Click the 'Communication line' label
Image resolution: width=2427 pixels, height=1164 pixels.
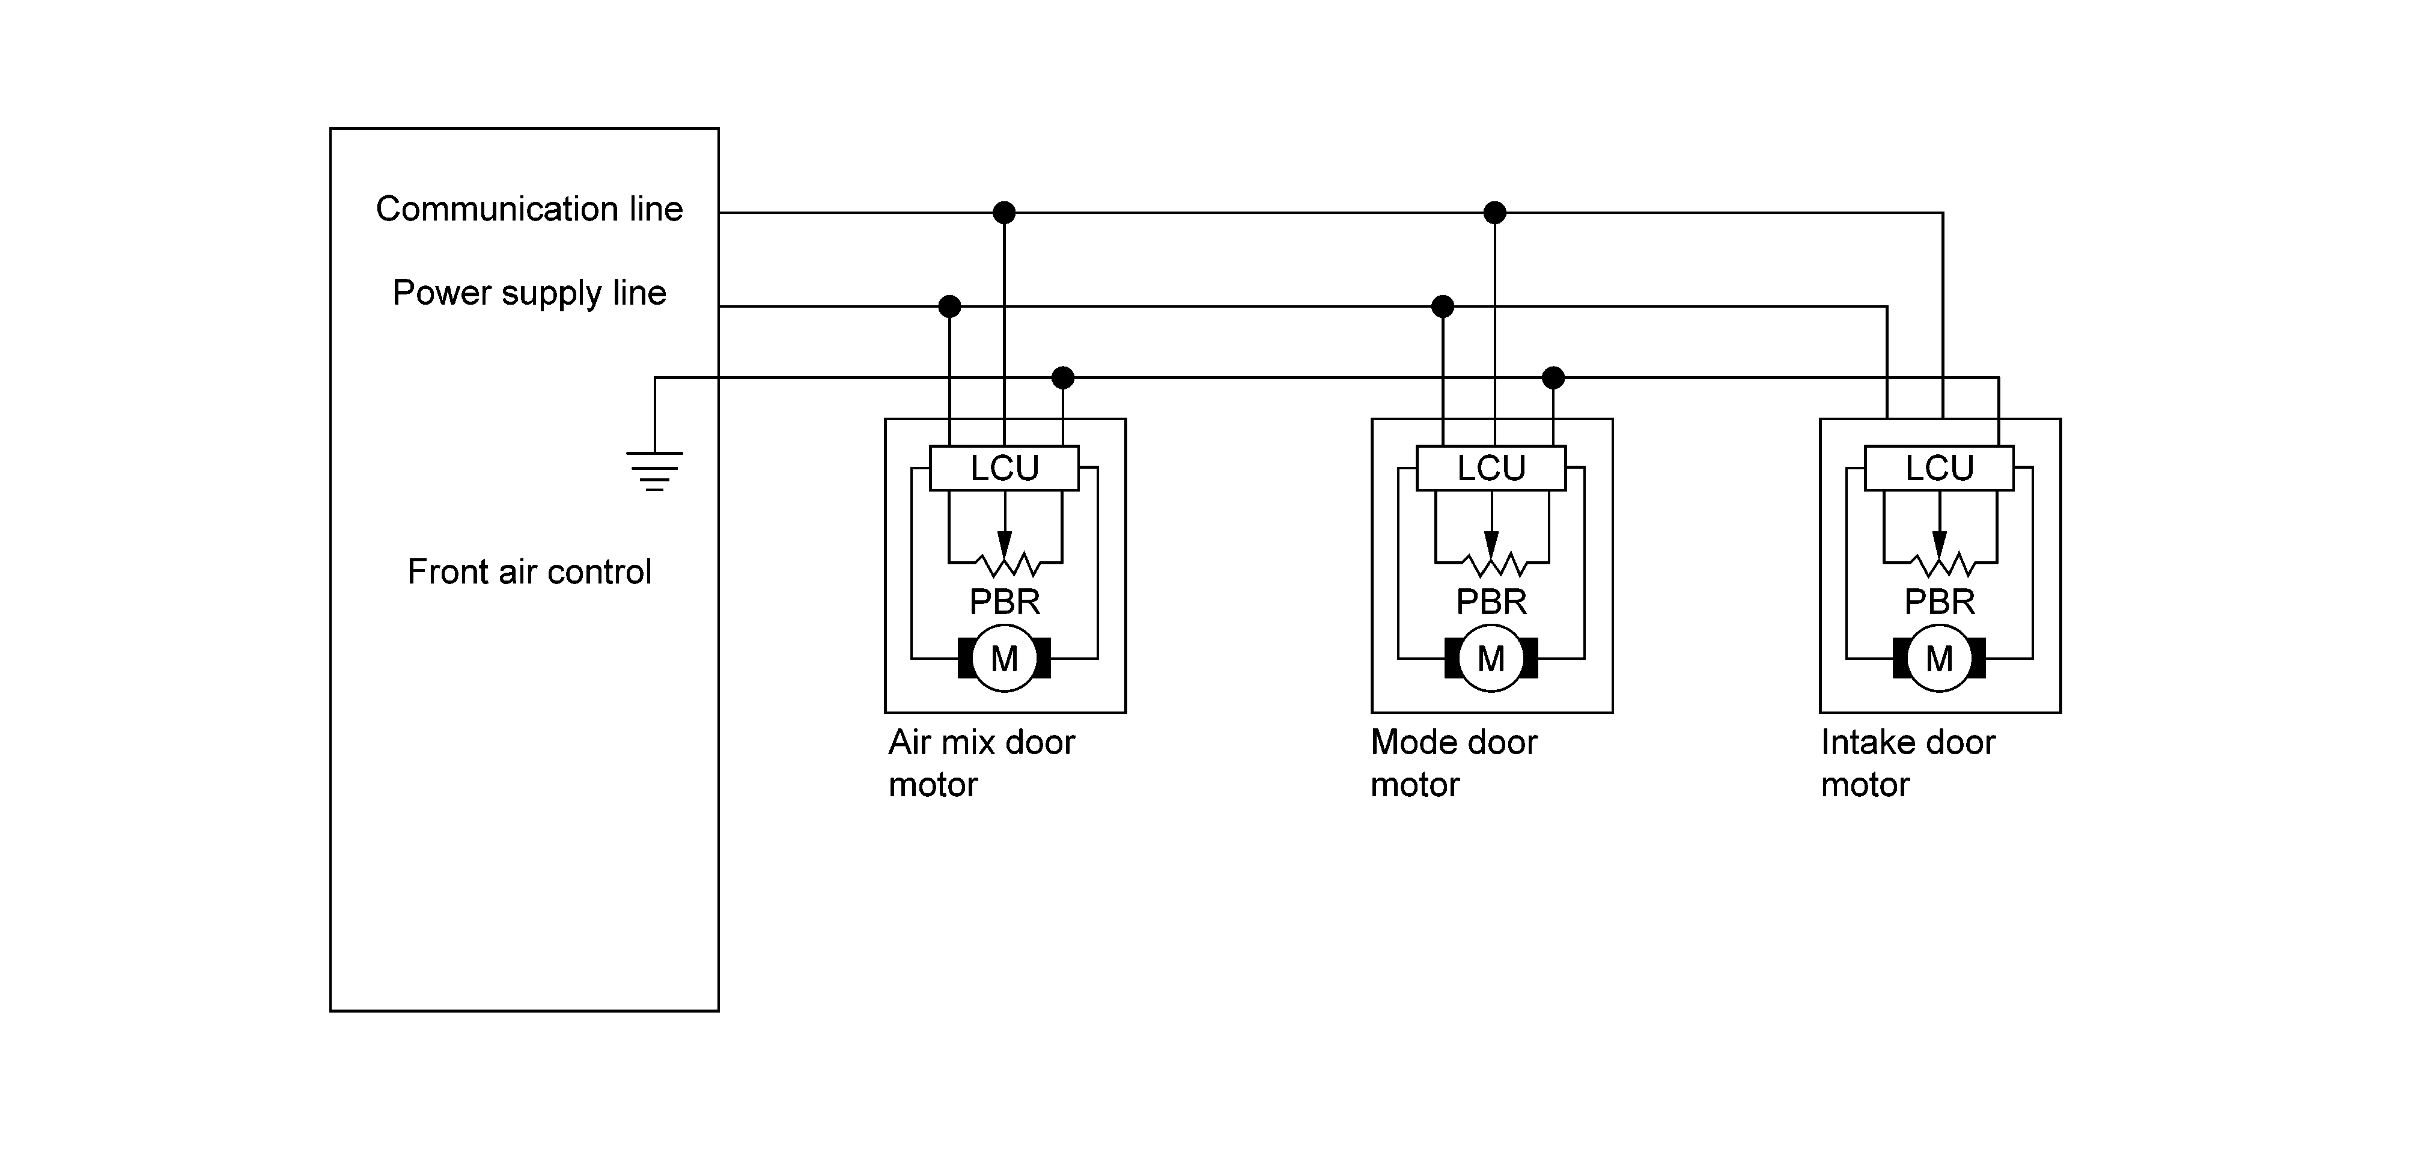click(x=529, y=209)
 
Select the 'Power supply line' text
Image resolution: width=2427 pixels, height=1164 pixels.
click(x=529, y=293)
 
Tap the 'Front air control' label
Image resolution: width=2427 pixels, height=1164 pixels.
click(x=529, y=571)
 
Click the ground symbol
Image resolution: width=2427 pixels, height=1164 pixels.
click(x=655, y=471)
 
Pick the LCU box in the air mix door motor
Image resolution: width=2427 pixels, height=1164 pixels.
click(x=1004, y=468)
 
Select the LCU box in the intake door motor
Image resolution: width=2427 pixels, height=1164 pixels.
click(x=1939, y=468)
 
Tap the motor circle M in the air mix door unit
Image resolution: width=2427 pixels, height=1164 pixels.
click(x=1004, y=658)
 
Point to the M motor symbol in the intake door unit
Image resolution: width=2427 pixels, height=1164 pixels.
click(x=1939, y=658)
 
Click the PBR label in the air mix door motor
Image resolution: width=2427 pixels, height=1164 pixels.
click(x=1004, y=602)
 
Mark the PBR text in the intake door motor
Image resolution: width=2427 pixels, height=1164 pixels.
click(x=1939, y=602)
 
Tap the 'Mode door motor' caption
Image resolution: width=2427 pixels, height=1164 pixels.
click(x=1454, y=763)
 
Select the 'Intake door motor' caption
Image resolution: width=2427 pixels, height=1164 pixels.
click(x=1908, y=763)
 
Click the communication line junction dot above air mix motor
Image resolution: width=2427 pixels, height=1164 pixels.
click(x=1004, y=212)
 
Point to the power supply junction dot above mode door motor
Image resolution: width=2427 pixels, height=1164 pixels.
click(x=1443, y=306)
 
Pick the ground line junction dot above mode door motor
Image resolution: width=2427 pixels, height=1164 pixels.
click(x=1554, y=378)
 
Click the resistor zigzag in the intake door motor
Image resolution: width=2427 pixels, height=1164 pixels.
click(x=1939, y=564)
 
